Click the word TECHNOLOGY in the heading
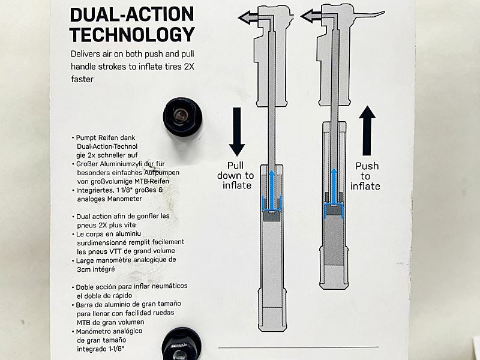click(x=132, y=34)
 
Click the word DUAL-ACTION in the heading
click(x=132, y=13)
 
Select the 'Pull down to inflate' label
click(x=235, y=175)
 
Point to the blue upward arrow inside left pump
click(x=271, y=186)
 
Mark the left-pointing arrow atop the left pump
click(x=248, y=18)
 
